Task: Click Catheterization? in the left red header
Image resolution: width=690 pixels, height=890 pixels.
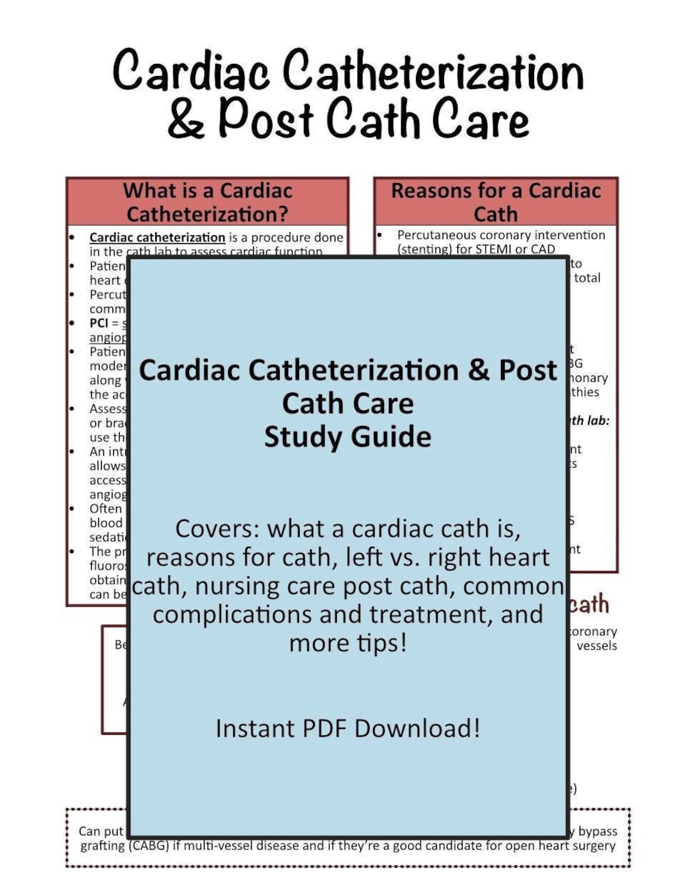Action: click(x=207, y=213)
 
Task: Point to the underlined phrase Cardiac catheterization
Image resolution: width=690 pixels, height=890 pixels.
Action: click(x=157, y=237)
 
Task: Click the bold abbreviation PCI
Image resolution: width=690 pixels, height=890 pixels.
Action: click(x=99, y=323)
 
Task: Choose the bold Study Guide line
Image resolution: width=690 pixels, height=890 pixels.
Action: click(x=348, y=437)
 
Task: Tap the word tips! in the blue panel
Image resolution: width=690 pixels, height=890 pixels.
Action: click(x=381, y=643)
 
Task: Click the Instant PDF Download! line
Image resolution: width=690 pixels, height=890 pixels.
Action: click(x=348, y=728)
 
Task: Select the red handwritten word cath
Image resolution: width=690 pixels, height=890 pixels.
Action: click(x=588, y=604)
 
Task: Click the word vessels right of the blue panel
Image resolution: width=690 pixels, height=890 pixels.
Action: click(x=596, y=645)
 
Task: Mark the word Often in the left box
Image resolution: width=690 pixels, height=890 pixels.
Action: click(x=105, y=509)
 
